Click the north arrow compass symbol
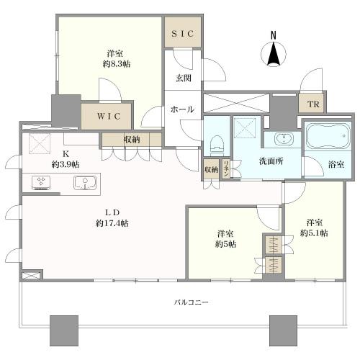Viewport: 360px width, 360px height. click(x=273, y=50)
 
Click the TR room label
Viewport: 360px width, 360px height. click(x=311, y=104)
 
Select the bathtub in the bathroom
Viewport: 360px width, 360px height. click(x=327, y=136)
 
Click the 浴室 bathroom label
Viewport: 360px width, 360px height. click(x=336, y=165)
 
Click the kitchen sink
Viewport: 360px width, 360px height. click(x=85, y=184)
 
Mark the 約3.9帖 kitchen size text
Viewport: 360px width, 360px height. click(x=66, y=164)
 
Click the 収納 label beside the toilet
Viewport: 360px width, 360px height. click(x=210, y=170)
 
